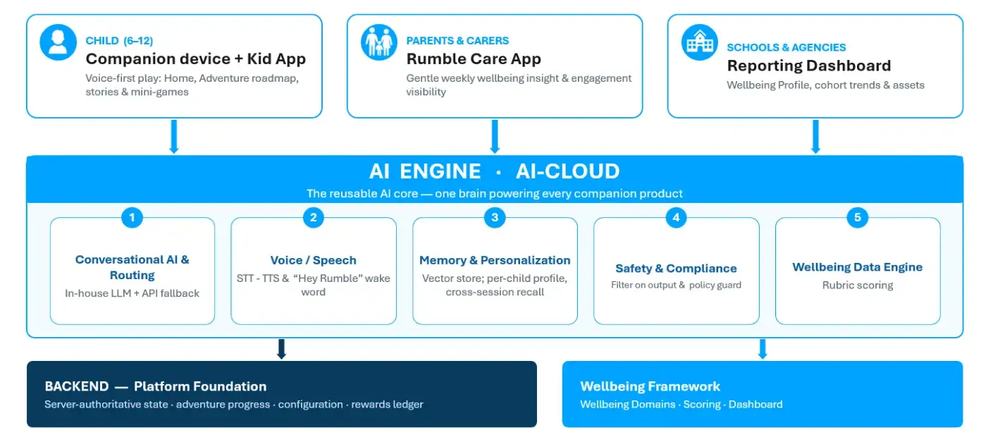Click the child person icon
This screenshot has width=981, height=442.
pos(58,42)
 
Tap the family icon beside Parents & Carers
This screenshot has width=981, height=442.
pos(379,42)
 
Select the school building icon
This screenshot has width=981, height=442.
pos(699,42)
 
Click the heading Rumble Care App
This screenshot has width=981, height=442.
pos(474,59)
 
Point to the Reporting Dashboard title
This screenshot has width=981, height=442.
pos(809,66)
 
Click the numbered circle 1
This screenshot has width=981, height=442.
pos(132,217)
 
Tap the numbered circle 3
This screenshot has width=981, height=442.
pos(495,217)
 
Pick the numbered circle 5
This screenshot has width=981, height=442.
pos(858,217)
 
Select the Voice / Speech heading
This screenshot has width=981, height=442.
pos(313,260)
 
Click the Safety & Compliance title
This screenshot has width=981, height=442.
pos(676,268)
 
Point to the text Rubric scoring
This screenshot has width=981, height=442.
pos(858,286)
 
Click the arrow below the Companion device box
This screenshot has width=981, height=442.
pos(174,136)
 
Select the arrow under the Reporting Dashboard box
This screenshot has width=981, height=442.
pos(815,136)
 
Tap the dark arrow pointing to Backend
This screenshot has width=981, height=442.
pos(282,349)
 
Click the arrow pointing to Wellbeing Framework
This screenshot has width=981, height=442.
pos(763,349)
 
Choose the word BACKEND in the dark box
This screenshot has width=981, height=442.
pos(77,386)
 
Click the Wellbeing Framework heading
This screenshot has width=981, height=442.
pos(650,386)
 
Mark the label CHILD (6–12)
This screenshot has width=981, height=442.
pos(119,41)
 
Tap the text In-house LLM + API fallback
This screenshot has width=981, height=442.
pos(132,293)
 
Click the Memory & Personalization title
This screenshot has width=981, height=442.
pos(495,260)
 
